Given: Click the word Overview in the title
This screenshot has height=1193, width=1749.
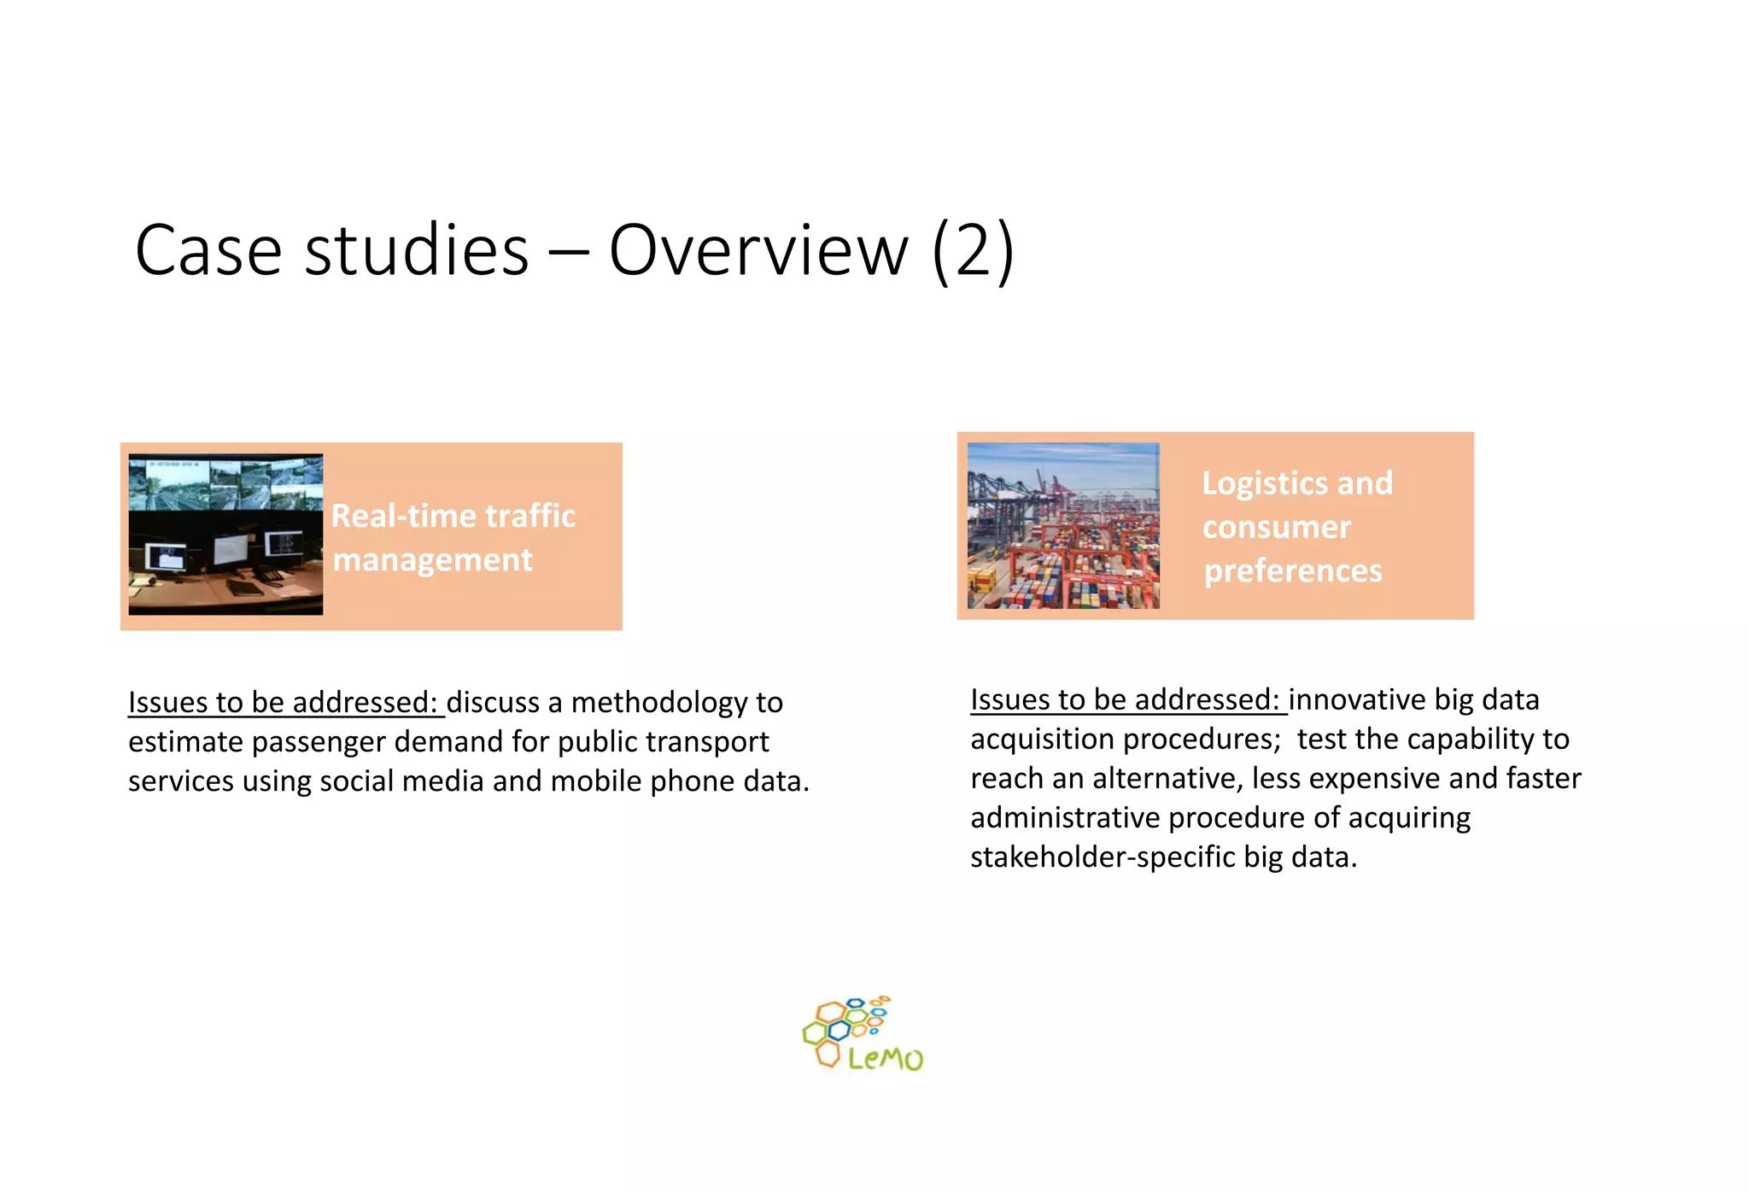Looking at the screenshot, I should (x=758, y=250).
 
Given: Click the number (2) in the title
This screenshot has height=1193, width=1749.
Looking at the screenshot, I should (x=973, y=250).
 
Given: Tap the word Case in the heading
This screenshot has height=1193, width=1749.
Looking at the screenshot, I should (x=208, y=250).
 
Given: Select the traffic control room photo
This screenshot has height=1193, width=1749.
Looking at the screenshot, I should (x=225, y=534).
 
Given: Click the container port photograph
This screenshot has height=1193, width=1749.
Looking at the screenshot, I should (x=1062, y=525).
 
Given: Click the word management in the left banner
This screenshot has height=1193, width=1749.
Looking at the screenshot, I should (x=432, y=560).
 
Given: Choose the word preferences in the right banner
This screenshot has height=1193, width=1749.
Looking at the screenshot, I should (x=1292, y=570).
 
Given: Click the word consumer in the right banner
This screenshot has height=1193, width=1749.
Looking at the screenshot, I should (x=1276, y=527).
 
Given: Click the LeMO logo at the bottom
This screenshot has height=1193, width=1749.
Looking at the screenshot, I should (x=863, y=1034).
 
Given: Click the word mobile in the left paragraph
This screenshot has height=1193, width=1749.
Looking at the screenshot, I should (x=595, y=781).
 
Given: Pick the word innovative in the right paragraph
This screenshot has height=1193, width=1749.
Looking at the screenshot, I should (x=1356, y=700).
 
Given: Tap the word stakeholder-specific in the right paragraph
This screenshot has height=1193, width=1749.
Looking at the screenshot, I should (x=1103, y=857).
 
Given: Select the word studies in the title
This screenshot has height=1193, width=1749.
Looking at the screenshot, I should (x=417, y=250).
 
